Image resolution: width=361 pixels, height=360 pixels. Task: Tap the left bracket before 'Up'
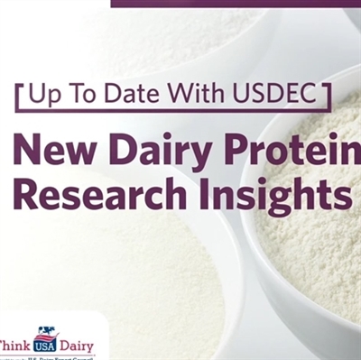19,94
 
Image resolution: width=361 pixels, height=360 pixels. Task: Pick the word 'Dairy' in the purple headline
153,151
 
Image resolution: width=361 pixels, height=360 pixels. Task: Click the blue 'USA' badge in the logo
45,342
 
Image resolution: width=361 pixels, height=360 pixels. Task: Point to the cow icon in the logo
46,331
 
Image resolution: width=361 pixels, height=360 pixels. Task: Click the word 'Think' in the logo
14,343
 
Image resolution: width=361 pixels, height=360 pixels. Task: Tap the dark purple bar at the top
235,3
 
